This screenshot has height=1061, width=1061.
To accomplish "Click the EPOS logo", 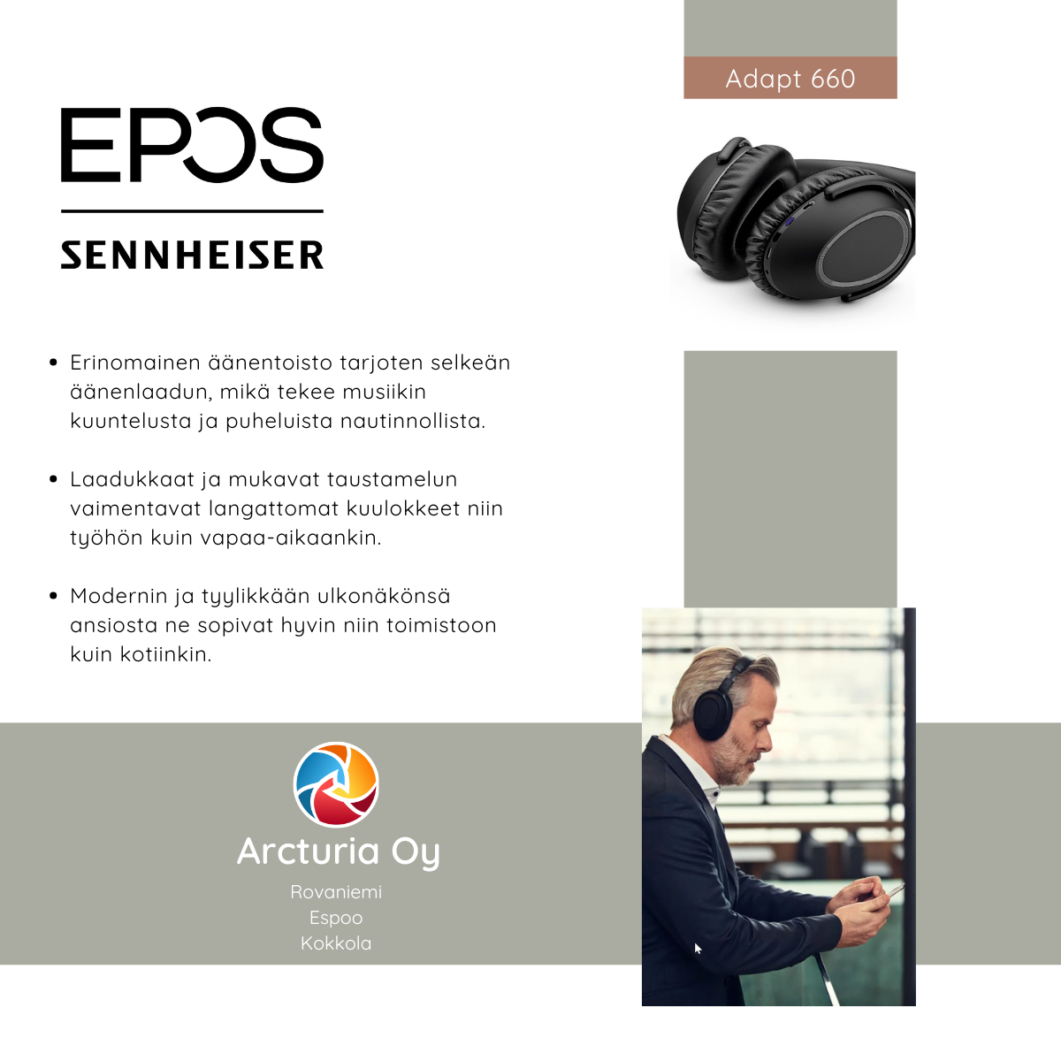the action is [x=192, y=144].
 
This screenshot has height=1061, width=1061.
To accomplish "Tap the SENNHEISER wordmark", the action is [x=192, y=255].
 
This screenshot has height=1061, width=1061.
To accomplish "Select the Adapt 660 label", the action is [x=790, y=79].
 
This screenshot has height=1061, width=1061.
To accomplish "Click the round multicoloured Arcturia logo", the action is [x=336, y=784].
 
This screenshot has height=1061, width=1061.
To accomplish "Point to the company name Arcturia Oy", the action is [x=338, y=851].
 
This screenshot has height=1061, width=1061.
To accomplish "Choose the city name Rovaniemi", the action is [x=336, y=891].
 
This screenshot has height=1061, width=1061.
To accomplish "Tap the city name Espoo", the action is [x=336, y=918].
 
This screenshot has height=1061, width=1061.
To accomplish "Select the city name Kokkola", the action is [x=336, y=943].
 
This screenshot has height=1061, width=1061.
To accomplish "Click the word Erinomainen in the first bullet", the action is [x=135, y=363].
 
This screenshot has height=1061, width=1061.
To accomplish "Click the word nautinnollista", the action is [x=413, y=421].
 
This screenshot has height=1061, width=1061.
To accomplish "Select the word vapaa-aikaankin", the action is [x=290, y=538].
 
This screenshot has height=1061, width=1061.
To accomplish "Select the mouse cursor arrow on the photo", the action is [x=697, y=948].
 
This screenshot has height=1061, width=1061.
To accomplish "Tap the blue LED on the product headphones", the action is [x=789, y=222].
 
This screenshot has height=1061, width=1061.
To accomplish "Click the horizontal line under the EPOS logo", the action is [x=192, y=211].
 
